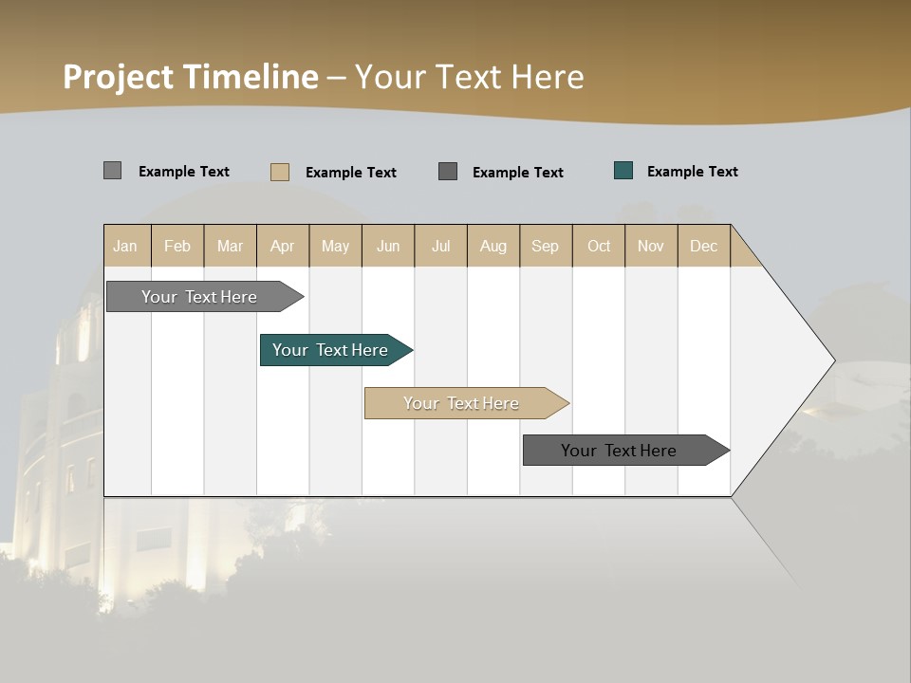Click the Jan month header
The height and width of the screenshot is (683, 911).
tap(125, 246)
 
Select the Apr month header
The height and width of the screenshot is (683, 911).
tap(282, 246)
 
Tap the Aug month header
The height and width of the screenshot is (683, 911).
tap(493, 246)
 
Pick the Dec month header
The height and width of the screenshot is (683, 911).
tap(703, 246)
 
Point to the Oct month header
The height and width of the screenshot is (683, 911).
tap(599, 246)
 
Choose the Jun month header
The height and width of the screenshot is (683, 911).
tap(388, 246)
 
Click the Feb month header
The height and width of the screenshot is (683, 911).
tap(177, 246)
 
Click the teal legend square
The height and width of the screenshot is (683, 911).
tap(623, 171)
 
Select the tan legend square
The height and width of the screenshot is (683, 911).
tap(280, 172)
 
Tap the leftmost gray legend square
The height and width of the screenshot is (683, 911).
tap(113, 171)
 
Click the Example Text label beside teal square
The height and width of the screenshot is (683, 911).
tap(692, 172)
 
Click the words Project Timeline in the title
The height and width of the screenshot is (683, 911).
tap(190, 77)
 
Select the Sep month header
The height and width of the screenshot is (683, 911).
tap(545, 246)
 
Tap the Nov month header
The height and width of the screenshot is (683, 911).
tap(650, 246)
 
